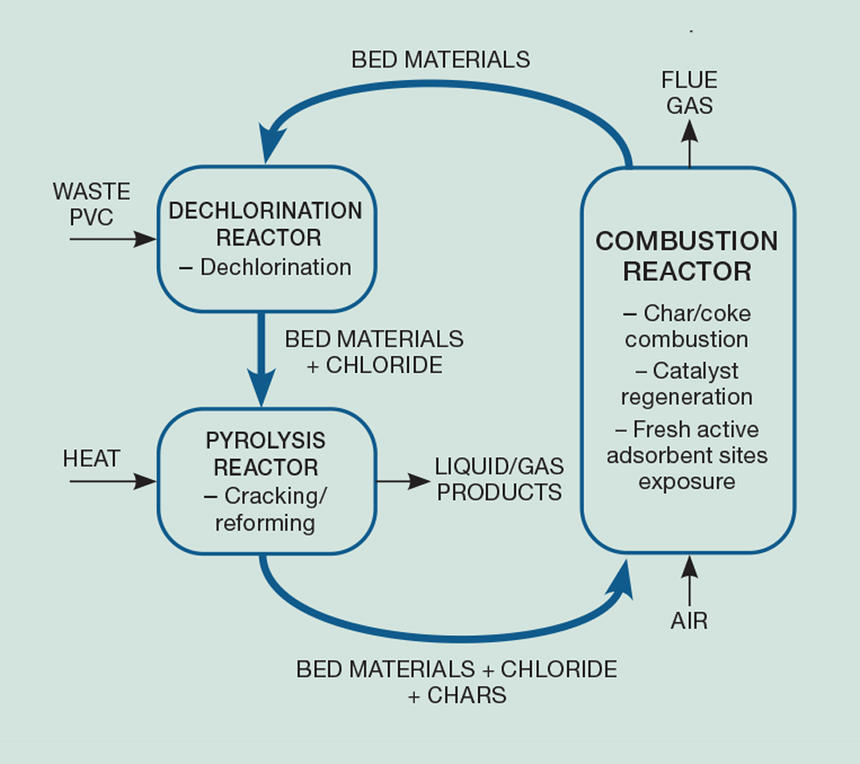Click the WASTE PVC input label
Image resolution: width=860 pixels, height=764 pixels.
(x=91, y=204)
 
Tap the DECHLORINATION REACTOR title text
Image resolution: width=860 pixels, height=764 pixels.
(x=266, y=224)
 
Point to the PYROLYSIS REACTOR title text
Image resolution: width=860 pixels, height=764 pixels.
(x=266, y=453)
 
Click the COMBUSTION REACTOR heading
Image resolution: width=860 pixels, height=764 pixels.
(x=687, y=255)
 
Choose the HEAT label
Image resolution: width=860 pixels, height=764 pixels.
(x=91, y=458)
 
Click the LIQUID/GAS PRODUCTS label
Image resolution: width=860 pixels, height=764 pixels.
(x=499, y=479)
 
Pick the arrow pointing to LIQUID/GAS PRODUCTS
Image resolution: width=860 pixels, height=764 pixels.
(x=403, y=481)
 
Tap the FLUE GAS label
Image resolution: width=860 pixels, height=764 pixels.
(x=689, y=93)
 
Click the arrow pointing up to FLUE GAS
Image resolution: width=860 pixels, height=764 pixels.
(x=689, y=142)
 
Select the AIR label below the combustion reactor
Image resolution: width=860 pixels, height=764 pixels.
(x=689, y=621)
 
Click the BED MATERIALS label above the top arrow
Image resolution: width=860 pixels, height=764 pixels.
(x=441, y=60)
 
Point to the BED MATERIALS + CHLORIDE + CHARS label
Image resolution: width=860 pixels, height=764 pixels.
(x=456, y=682)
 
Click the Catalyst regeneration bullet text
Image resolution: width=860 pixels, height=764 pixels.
(x=687, y=383)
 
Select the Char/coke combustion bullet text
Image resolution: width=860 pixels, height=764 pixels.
(x=687, y=326)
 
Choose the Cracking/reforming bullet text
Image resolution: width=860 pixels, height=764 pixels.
(x=266, y=510)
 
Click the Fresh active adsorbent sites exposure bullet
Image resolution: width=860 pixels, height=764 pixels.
(x=687, y=455)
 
